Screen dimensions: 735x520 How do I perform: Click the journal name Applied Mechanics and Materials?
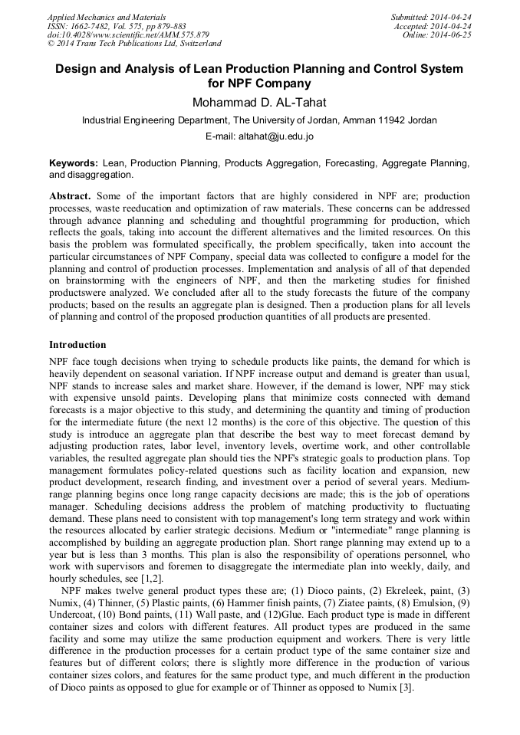tap(106, 17)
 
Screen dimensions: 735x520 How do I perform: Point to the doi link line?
tap(127, 35)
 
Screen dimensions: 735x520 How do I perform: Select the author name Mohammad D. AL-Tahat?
tap(259, 102)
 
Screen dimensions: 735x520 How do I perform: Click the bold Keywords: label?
tap(74, 163)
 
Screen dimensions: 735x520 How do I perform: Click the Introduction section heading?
tap(77, 345)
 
